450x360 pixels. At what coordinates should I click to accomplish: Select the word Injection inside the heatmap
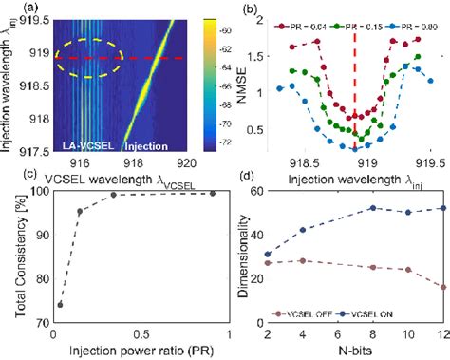152,147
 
